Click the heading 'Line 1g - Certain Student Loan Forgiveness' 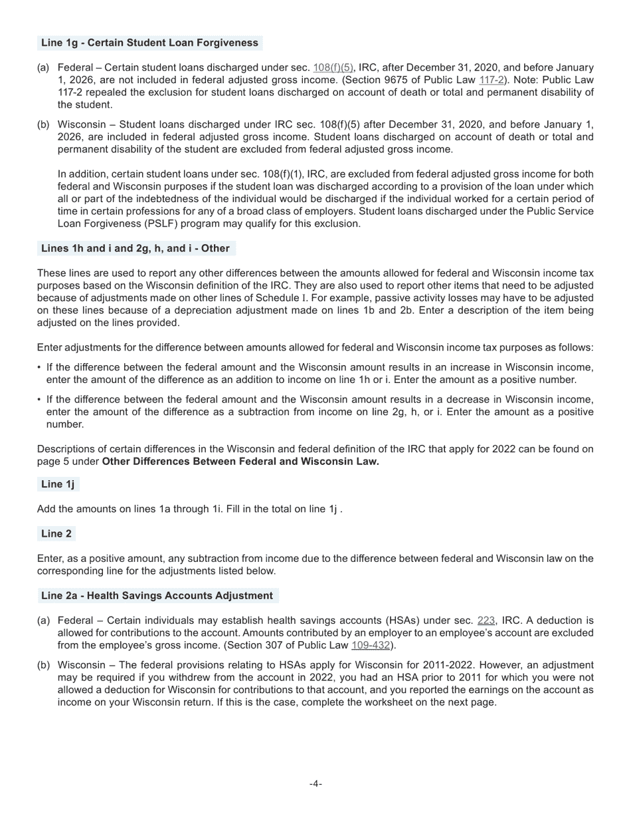pos(149,43)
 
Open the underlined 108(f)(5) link pos(333,68)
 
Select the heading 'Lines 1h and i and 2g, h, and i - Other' pos(135,249)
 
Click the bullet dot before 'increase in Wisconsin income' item pos(39,368)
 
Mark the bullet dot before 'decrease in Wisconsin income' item pos(39,400)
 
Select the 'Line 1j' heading pos(58,484)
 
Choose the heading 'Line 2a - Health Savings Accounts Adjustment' pos(157,596)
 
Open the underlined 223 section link pos(486,620)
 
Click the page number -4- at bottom pos(315,784)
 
